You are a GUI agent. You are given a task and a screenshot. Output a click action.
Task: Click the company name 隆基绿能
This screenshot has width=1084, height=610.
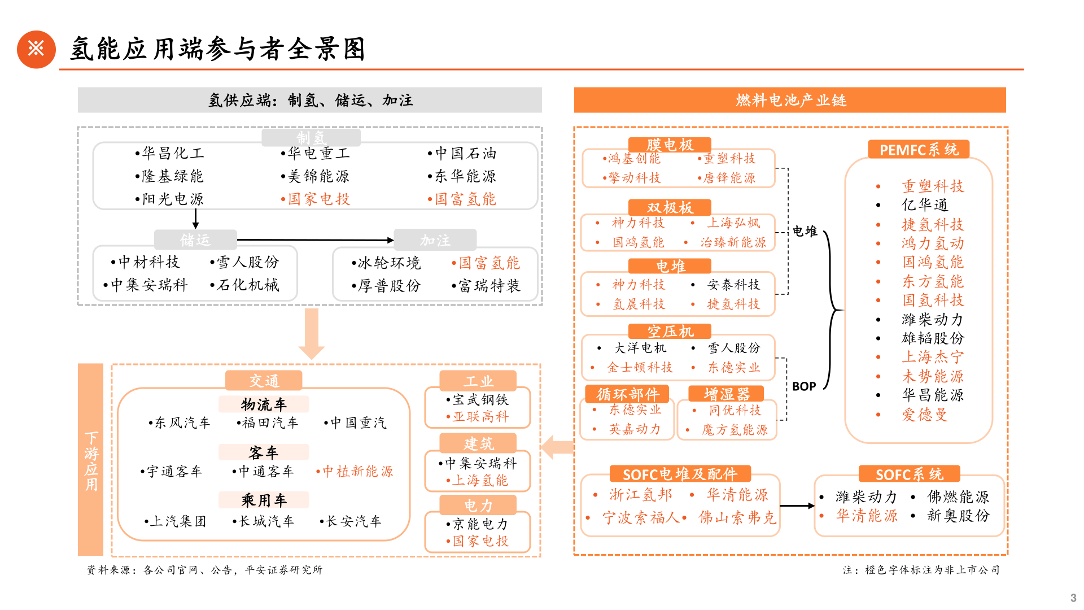[172, 176]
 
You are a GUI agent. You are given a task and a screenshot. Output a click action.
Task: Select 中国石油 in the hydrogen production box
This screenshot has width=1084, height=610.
[466, 153]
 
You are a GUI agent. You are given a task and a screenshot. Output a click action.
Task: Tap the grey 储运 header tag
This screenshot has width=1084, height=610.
[195, 240]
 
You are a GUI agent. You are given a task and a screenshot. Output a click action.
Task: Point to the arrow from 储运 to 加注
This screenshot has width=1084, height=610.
[315, 240]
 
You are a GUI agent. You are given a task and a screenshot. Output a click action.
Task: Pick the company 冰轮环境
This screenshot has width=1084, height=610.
[389, 263]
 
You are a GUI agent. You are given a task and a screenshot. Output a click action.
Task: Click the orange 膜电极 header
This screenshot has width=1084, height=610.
[670, 145]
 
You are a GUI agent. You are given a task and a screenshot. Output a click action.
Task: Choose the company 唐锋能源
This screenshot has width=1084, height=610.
[729, 178]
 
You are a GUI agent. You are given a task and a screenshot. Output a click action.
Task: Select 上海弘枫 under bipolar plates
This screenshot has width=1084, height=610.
[734, 223]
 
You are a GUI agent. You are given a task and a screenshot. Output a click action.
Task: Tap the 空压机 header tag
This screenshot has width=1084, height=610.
[670, 332]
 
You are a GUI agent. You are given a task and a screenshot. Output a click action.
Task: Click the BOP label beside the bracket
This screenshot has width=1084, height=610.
[804, 386]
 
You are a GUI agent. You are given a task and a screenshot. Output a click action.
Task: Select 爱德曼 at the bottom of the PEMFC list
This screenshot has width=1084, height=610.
[925, 415]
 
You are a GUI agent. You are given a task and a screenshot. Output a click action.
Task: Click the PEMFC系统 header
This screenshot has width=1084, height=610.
[919, 150]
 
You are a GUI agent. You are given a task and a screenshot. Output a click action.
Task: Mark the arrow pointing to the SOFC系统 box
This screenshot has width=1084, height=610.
[798, 506]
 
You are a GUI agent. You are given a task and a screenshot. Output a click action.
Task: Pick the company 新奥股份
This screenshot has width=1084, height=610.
[958, 516]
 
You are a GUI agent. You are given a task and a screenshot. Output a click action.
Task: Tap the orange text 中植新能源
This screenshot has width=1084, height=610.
[357, 471]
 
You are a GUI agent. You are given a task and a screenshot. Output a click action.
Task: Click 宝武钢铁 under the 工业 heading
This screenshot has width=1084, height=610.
[480, 400]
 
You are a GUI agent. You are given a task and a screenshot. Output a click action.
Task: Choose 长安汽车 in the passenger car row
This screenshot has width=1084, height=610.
[353, 521]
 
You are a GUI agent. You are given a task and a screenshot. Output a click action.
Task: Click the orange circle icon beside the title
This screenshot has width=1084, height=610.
[36, 49]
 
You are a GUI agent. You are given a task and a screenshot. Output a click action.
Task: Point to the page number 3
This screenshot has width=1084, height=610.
[1073, 598]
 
